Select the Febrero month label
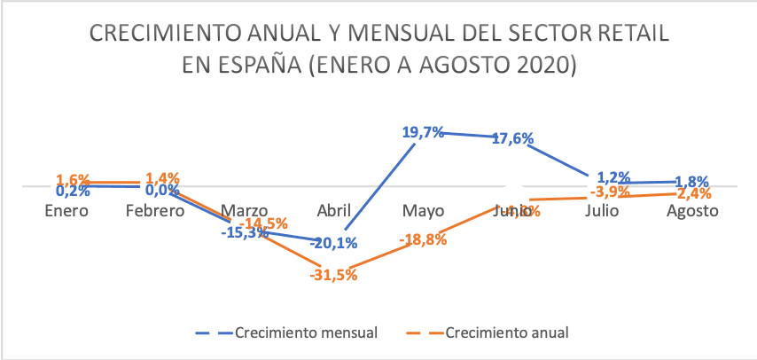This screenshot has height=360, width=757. [x=154, y=211]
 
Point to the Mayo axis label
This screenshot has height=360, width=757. [x=424, y=211]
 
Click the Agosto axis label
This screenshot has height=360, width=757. [x=691, y=211]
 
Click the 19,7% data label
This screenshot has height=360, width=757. [x=424, y=132]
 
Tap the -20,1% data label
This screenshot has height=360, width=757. [x=332, y=243]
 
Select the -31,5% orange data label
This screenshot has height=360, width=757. [x=333, y=275]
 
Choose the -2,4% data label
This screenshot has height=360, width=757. [x=691, y=192]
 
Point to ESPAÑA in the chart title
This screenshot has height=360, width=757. [x=254, y=66]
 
